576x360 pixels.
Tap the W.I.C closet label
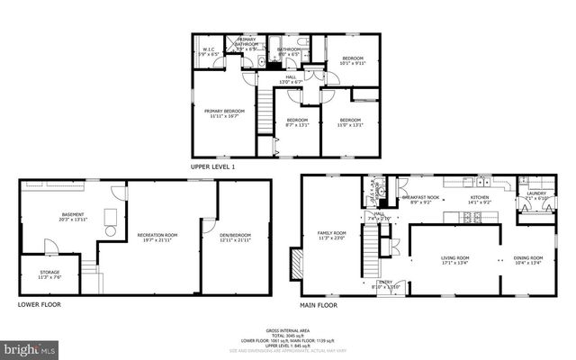click(208, 52)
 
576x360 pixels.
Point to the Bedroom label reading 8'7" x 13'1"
click(296, 123)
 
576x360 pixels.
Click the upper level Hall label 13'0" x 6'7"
click(291, 80)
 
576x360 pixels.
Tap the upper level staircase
click(265, 112)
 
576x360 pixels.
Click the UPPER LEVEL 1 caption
click(213, 167)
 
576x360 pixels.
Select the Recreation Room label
click(157, 238)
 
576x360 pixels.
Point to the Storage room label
click(49, 275)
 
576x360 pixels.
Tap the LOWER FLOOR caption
click(40, 305)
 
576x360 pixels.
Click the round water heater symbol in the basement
click(111, 231)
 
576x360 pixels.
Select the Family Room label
click(331, 235)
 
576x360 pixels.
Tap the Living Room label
click(454, 261)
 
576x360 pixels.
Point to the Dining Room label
click(527, 261)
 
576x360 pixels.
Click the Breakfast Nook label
click(420, 200)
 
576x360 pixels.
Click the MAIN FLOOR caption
click(319, 305)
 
